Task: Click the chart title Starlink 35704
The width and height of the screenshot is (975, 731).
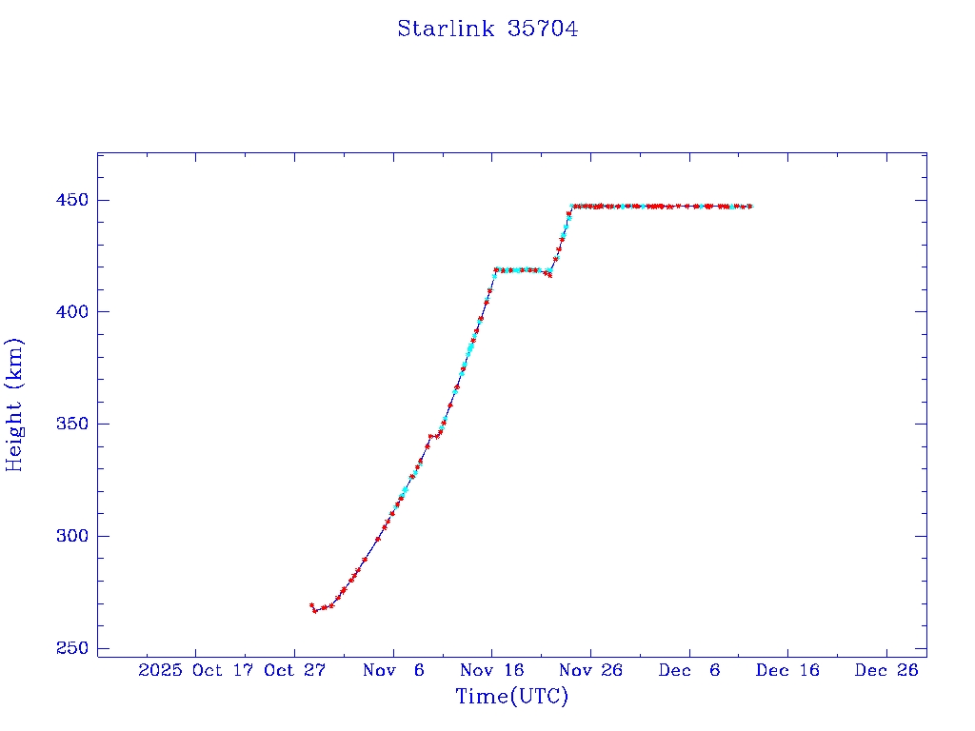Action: (x=487, y=30)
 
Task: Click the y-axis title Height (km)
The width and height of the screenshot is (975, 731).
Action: (x=14, y=405)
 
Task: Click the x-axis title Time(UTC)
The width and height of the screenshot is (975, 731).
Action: (x=511, y=697)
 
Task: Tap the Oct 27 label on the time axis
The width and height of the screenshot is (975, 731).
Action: (x=295, y=671)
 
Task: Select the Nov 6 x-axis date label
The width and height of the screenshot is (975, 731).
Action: (x=393, y=671)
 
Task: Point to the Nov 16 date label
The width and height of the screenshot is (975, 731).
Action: (x=492, y=671)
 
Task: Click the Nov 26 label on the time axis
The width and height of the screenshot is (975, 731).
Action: (x=590, y=671)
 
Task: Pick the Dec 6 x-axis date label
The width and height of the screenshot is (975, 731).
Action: (x=689, y=671)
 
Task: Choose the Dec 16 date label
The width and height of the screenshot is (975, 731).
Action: (x=787, y=671)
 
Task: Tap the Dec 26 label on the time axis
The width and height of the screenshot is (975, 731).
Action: (x=886, y=671)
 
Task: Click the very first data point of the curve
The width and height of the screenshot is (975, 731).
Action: (x=311, y=605)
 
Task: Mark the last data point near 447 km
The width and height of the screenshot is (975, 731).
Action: (x=750, y=207)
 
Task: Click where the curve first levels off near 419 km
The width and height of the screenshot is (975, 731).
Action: (x=495, y=270)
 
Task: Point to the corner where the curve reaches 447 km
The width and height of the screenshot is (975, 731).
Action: (x=572, y=207)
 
